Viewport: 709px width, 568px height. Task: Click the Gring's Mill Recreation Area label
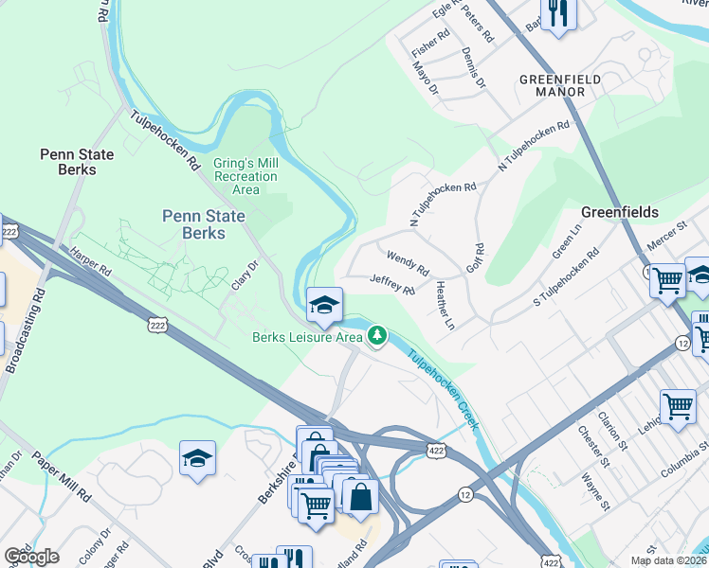[x=245, y=176]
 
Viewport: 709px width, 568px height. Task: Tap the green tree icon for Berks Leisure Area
[x=377, y=335]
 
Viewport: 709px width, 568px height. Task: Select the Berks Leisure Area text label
[x=307, y=337]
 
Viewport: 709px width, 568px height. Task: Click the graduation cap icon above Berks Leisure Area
[x=324, y=305]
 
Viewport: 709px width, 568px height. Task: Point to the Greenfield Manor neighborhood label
[x=559, y=86]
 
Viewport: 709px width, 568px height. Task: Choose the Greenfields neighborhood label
[x=619, y=212]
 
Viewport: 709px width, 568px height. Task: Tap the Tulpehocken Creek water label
[x=445, y=389]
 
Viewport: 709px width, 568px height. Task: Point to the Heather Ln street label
[x=445, y=306]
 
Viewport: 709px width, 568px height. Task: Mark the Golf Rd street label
[x=476, y=258]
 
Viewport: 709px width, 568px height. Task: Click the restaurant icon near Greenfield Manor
[x=556, y=14]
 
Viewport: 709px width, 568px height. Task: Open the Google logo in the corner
[x=31, y=556]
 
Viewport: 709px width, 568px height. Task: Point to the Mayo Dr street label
[x=427, y=79]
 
